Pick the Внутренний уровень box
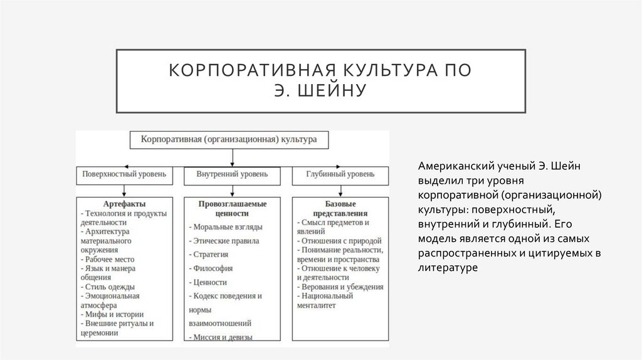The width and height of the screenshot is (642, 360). [233, 174]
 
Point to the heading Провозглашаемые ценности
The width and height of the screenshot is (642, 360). [233, 209]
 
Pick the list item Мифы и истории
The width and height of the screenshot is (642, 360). [113, 314]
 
